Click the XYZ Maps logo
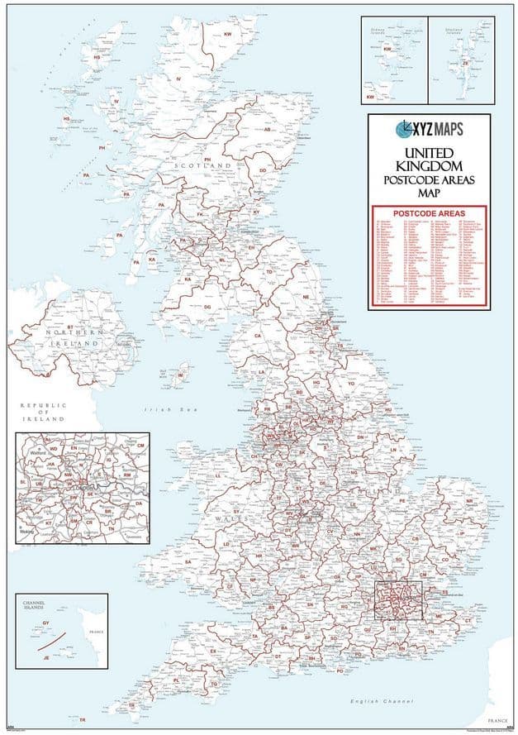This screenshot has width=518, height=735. pyautogui.click(x=429, y=129)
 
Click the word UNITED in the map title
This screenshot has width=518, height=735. pyautogui.click(x=429, y=154)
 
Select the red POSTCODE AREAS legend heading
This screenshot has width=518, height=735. pyautogui.click(x=429, y=213)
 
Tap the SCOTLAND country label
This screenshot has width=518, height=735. pyautogui.click(x=202, y=166)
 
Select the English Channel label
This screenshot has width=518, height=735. pyautogui.click(x=381, y=701)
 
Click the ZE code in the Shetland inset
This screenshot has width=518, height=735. pyautogui.click(x=465, y=62)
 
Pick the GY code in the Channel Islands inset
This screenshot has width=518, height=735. pyautogui.click(x=46, y=623)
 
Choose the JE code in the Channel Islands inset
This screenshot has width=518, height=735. pyautogui.click(x=46, y=657)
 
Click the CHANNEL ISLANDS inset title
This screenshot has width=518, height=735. pyautogui.click(x=39, y=609)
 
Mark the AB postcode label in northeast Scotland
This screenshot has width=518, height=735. pyautogui.click(x=267, y=130)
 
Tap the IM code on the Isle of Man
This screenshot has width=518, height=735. pyautogui.click(x=181, y=376)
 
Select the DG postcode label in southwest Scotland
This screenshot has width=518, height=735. pyautogui.click(x=207, y=307)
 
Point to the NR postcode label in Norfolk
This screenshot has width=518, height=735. pyautogui.click(x=470, y=501)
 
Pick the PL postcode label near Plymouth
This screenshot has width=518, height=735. pyautogui.click(x=176, y=680)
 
